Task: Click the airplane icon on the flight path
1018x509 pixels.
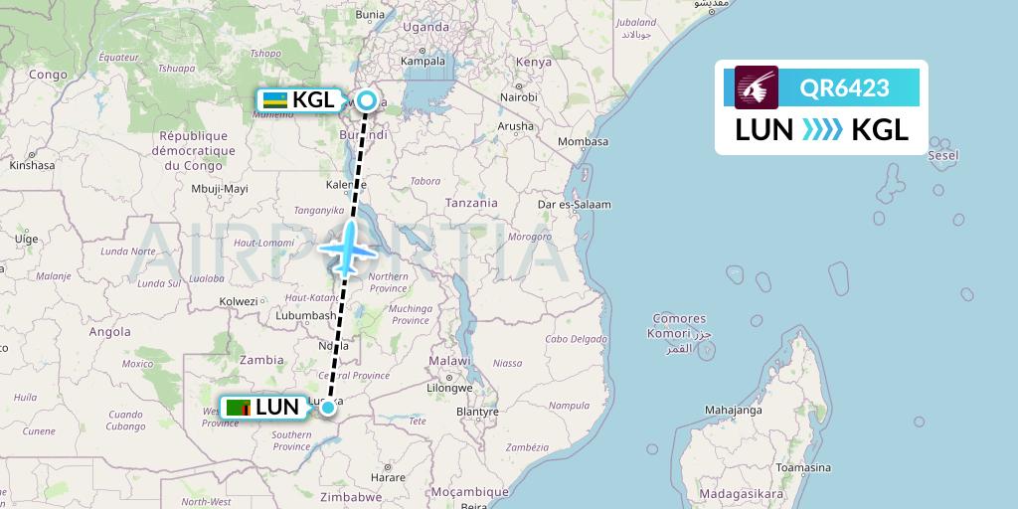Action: (x=346, y=248)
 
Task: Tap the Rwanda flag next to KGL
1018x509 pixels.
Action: (x=274, y=99)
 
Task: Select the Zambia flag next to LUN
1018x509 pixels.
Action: (x=239, y=407)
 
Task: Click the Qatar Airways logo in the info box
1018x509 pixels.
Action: (x=757, y=87)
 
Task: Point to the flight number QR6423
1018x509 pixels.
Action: (x=845, y=88)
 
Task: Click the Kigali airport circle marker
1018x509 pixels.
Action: (x=368, y=99)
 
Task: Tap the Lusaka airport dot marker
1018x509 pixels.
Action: (x=328, y=407)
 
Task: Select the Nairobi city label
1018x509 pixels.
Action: (x=518, y=97)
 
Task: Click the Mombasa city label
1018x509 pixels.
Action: (x=584, y=141)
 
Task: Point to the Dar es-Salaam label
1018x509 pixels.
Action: (x=575, y=204)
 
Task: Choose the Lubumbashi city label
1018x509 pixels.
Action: (x=304, y=315)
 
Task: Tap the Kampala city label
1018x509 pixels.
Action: (x=423, y=61)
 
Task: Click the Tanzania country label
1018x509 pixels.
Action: (x=471, y=202)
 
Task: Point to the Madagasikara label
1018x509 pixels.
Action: (x=741, y=492)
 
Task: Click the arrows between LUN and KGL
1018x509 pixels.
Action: (x=823, y=130)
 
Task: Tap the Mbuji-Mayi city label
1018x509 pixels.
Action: (x=220, y=187)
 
